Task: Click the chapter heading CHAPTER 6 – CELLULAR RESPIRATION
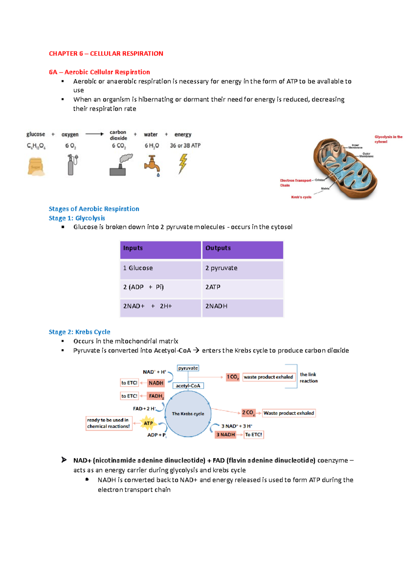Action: tap(106, 53)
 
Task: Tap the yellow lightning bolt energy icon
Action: tap(182, 163)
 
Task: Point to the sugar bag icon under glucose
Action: tap(36, 166)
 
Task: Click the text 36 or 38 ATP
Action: tap(185, 146)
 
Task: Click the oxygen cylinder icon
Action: tap(72, 165)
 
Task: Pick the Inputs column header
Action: tap(160, 250)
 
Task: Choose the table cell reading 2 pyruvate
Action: tap(242, 269)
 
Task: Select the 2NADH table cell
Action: tap(242, 307)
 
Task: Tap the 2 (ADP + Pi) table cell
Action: tap(160, 288)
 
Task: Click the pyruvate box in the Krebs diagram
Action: tap(188, 368)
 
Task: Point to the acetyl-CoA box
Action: tap(188, 386)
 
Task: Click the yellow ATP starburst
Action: tap(148, 423)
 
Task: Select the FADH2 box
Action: tap(156, 396)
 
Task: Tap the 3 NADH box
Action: tap(226, 434)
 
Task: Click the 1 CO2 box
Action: tap(232, 377)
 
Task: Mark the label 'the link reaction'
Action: tap(308, 378)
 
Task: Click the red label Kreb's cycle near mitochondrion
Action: tap(301, 197)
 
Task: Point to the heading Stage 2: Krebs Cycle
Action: tap(79, 332)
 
